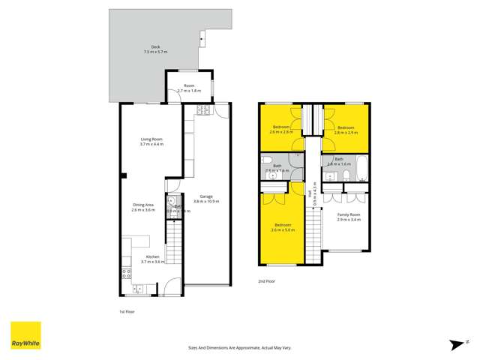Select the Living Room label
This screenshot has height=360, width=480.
pyautogui.click(x=151, y=141)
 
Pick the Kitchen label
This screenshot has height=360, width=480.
pyautogui.click(x=151, y=259)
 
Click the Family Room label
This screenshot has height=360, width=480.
pyautogui.click(x=348, y=217)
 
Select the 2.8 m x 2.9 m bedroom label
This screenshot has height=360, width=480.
pyautogui.click(x=346, y=130)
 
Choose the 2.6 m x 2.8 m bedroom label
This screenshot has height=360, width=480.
pyautogui.click(x=281, y=129)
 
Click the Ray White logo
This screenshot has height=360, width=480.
pyautogui.click(x=25, y=335)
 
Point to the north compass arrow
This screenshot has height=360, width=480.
pyautogui.click(x=455, y=343)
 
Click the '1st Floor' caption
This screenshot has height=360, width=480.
pyautogui.click(x=127, y=310)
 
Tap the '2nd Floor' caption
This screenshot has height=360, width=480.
pyautogui.click(x=267, y=281)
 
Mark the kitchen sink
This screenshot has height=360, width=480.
pyautogui.click(x=139, y=289)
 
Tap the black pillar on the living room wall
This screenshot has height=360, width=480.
pyautogui.click(x=123, y=175)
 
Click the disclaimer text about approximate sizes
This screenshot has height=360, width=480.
pyautogui.click(x=239, y=347)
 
